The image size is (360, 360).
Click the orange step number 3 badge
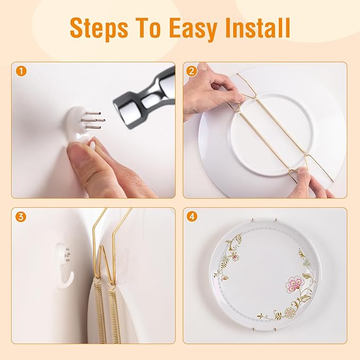tap(21, 217)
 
